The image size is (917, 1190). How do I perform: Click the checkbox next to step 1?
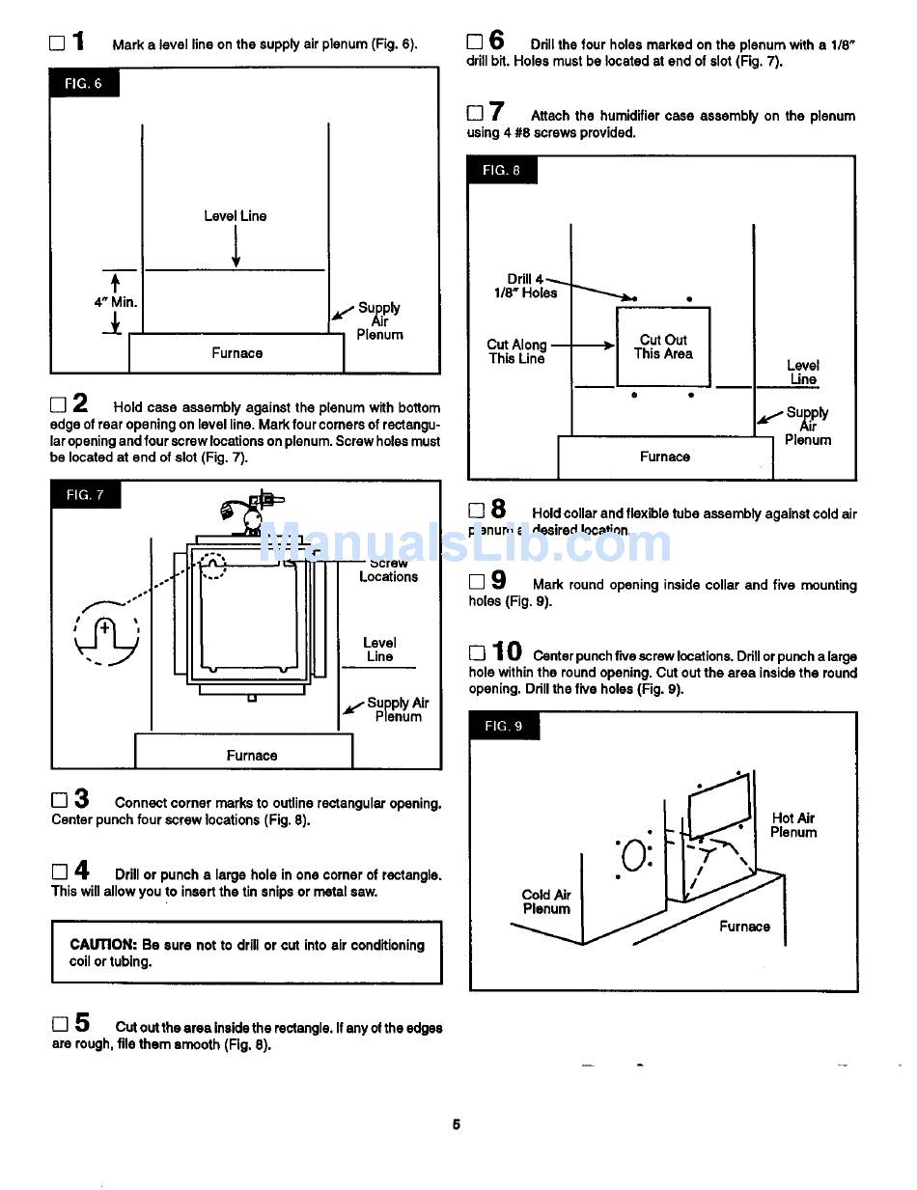(57, 43)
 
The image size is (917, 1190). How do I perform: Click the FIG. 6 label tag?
(83, 84)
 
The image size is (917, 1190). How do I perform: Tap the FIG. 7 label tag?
(85, 495)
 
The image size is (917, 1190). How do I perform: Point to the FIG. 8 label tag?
(502, 170)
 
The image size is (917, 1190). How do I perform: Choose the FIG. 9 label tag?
(504, 726)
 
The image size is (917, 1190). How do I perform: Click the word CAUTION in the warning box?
(102, 945)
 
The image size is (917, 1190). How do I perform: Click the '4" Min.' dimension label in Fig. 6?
(115, 302)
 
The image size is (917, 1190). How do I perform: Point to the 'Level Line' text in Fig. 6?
(236, 216)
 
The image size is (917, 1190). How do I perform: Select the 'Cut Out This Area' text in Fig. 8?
(663, 346)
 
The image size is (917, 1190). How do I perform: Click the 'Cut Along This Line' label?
(516, 351)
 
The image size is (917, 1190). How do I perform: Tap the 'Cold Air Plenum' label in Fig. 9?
(546, 901)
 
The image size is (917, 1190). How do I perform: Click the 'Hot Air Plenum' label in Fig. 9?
(793, 825)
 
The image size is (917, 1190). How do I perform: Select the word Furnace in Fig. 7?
(252, 756)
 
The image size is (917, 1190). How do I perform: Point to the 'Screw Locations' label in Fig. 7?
(388, 569)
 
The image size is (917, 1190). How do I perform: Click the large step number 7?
(496, 112)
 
